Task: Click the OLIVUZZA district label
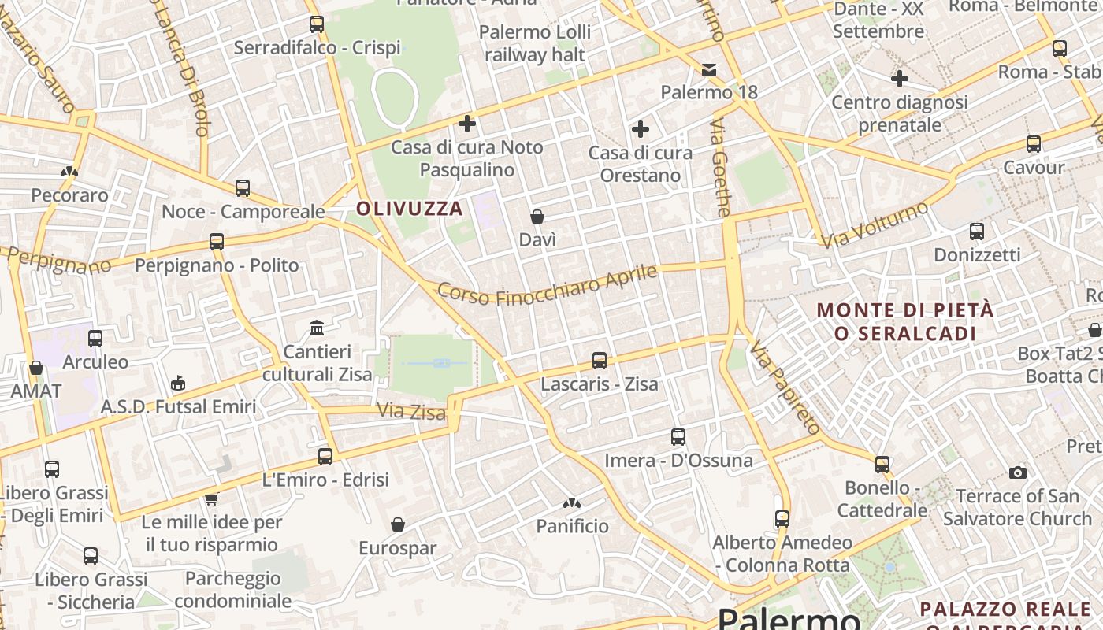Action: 410,209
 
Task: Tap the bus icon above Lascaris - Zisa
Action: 600,361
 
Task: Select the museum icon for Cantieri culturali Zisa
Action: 317,328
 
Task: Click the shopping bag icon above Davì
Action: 537,217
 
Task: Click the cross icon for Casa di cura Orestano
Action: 641,129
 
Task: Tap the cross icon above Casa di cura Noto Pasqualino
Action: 467,124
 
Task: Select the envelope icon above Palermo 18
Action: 709,70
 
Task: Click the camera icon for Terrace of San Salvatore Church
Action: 1018,472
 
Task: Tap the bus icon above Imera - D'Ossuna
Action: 678,437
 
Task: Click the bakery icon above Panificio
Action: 572,503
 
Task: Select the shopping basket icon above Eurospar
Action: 398,524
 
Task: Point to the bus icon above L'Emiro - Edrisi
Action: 325,456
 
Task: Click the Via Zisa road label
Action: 411,411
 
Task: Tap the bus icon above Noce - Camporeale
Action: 243,188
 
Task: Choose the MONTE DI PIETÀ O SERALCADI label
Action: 905,321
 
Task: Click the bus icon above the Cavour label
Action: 1034,144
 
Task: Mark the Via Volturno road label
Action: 875,225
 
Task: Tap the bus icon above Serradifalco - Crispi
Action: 317,24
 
